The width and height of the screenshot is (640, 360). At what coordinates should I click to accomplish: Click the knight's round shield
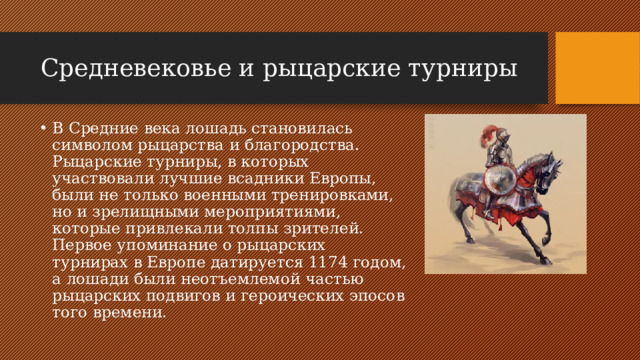pyautogui.click(x=499, y=180)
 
